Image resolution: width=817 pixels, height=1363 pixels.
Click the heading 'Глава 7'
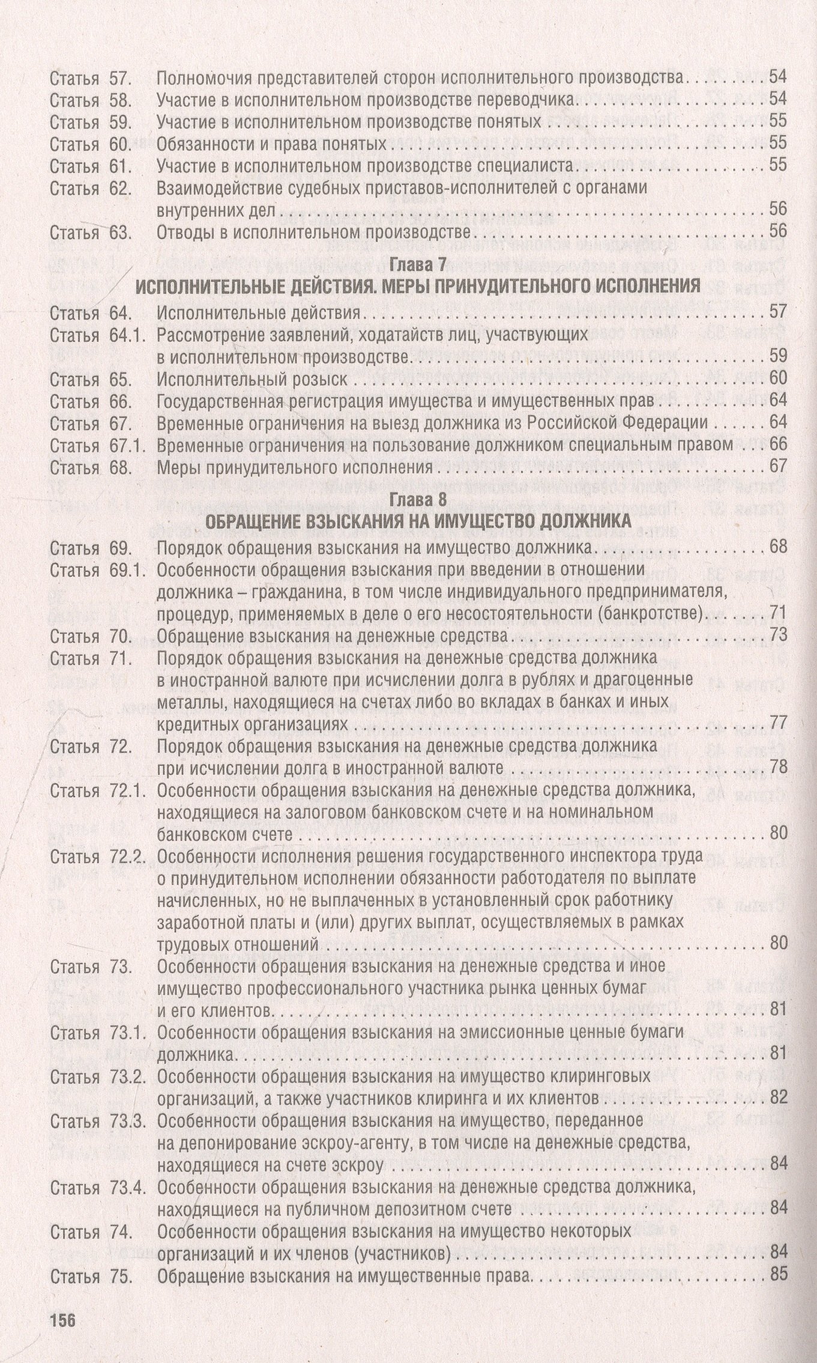[418, 264]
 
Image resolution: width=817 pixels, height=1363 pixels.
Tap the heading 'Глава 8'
[418, 500]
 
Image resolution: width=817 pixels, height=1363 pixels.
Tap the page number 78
[777, 768]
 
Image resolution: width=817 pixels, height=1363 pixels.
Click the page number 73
[777, 636]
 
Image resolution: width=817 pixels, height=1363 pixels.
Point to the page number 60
[777, 378]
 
